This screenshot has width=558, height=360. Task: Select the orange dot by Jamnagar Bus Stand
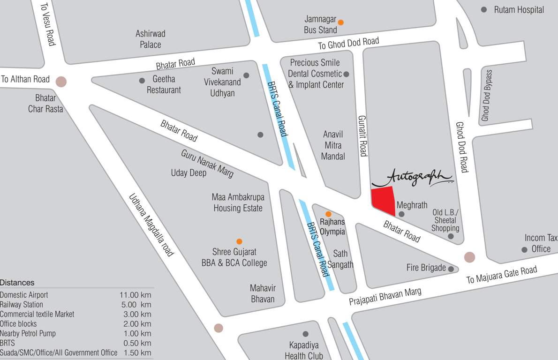click(x=341, y=22)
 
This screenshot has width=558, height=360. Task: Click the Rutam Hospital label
click(x=519, y=10)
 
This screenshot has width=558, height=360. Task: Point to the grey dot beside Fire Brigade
click(x=451, y=269)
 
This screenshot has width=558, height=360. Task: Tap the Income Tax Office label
click(x=541, y=243)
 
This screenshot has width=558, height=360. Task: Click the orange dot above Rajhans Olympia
click(x=328, y=214)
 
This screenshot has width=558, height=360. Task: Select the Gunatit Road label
click(x=362, y=136)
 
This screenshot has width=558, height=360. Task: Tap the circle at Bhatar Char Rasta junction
click(x=60, y=82)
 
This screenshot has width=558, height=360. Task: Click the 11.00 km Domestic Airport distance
click(x=135, y=295)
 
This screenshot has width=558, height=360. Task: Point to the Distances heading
click(x=17, y=283)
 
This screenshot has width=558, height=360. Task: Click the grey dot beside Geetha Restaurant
click(x=142, y=81)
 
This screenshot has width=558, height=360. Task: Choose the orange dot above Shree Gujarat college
click(x=239, y=241)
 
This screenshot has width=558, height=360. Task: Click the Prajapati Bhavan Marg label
click(x=385, y=297)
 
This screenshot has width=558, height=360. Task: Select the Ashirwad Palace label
click(x=150, y=39)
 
